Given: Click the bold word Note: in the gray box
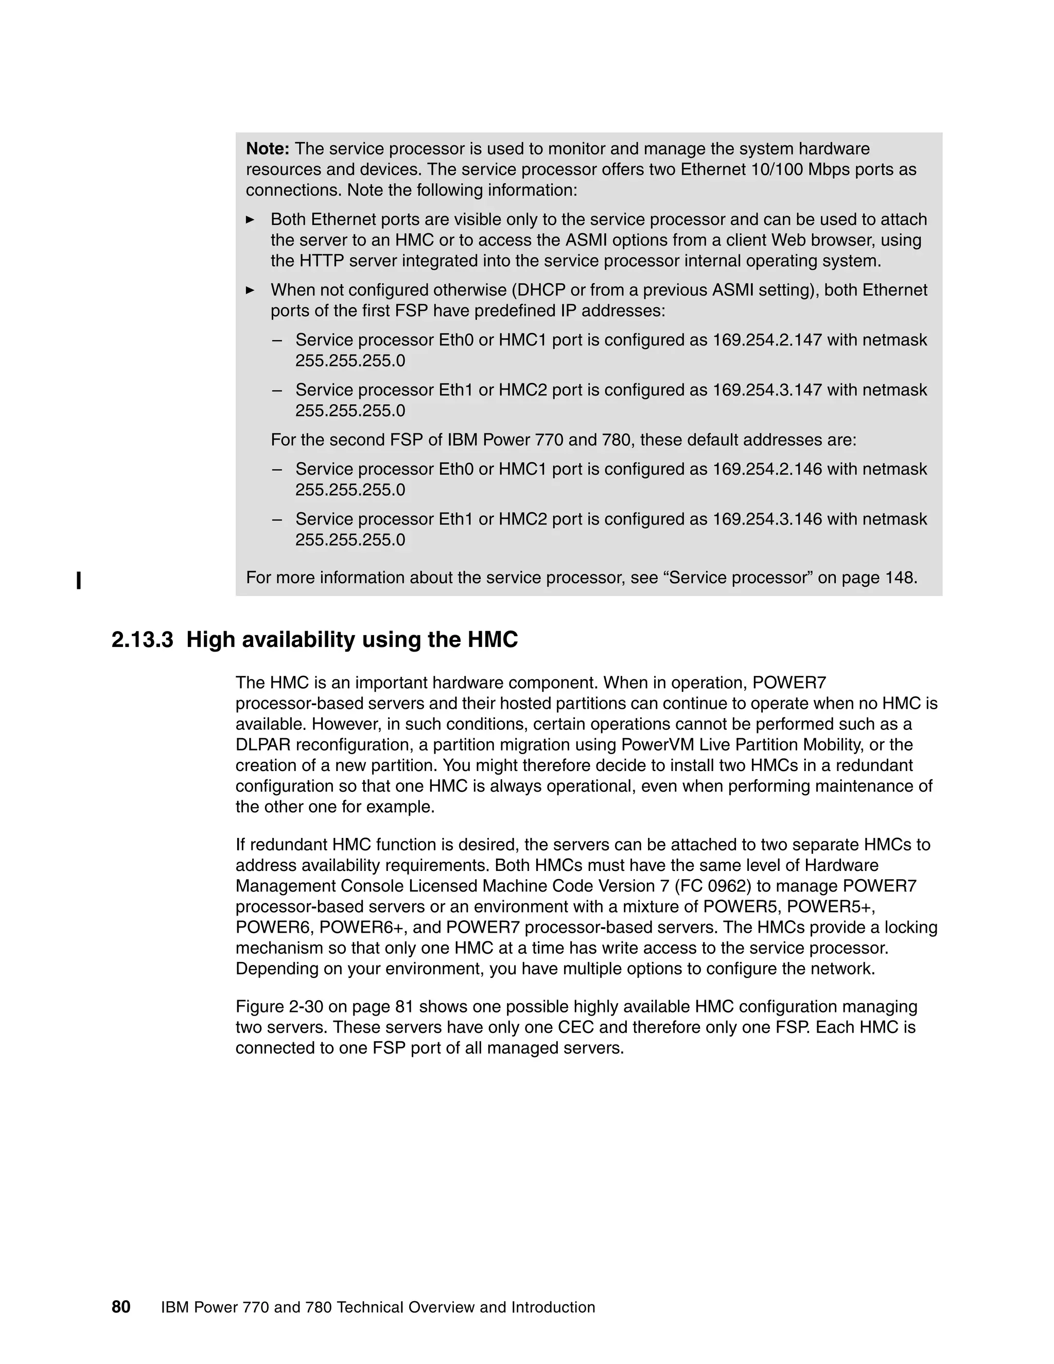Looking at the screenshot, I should click(x=267, y=149).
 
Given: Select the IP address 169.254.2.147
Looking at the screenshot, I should click(x=767, y=340).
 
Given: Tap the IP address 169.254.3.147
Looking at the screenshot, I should click(x=767, y=390).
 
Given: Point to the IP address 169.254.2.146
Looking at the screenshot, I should click(x=767, y=469).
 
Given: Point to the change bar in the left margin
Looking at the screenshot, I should click(x=79, y=580).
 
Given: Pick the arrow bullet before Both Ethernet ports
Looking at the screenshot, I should click(x=251, y=220).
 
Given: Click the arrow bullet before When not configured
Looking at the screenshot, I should click(x=251, y=290).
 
